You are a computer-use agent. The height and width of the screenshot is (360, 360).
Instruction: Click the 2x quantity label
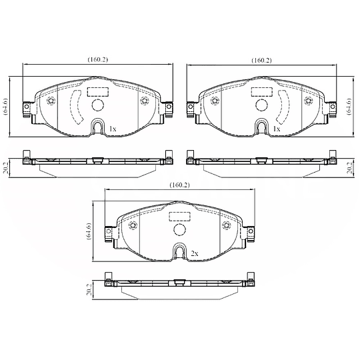[x=195, y=254]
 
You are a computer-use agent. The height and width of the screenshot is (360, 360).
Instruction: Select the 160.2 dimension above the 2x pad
[x=180, y=185]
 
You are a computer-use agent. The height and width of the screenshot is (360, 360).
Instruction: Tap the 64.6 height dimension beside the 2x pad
[x=89, y=230]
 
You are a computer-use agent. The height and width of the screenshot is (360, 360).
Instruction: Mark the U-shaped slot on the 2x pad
[x=179, y=252]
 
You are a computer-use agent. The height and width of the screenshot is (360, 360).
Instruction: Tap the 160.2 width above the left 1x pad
[x=97, y=60]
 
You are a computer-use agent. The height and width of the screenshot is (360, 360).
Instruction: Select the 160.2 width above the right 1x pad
[x=261, y=60]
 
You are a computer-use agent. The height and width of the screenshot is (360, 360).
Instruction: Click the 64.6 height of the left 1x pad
[x=6, y=105]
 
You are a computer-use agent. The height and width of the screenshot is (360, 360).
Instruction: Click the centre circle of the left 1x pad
[x=97, y=105]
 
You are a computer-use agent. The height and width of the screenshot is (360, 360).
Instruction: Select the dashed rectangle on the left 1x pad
[x=97, y=91]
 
